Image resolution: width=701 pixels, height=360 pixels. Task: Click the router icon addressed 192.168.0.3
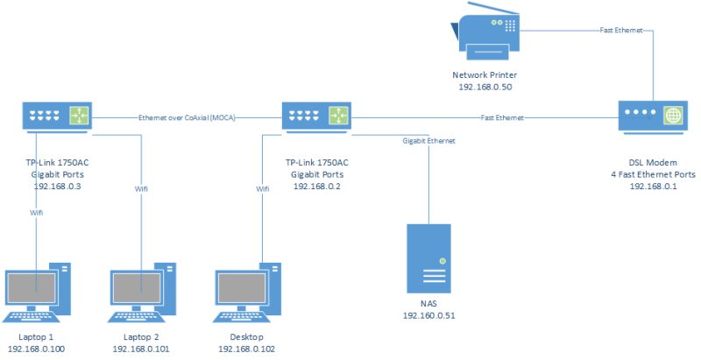(56, 116)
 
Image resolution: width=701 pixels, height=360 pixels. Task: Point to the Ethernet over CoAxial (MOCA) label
(188, 116)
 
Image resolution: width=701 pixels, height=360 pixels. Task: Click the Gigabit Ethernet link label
(428, 140)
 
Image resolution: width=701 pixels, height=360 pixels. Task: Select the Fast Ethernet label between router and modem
(502, 116)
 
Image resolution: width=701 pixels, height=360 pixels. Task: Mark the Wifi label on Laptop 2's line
(140, 187)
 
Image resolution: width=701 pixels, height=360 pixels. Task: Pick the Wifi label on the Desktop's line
(261, 187)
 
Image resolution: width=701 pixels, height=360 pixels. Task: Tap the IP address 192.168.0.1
(655, 187)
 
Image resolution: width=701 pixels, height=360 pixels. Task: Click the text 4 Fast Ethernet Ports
(655, 174)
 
